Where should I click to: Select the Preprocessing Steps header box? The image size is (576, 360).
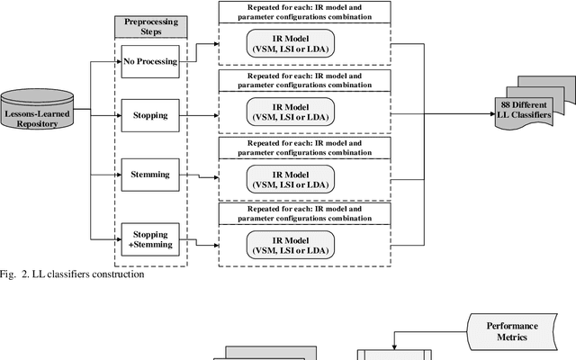150,26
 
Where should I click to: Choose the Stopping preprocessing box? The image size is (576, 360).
150,116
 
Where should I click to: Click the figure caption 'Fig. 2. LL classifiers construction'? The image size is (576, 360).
73,274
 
